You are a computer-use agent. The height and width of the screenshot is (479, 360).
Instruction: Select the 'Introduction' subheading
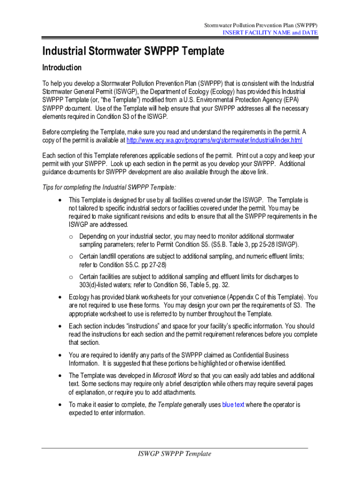tap(62, 67)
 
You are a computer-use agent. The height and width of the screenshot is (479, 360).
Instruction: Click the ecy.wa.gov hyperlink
tap(214, 140)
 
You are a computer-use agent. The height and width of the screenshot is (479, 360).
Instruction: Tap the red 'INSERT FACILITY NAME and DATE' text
tap(270, 32)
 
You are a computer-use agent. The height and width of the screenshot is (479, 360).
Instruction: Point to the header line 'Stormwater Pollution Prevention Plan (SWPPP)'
tap(261, 24)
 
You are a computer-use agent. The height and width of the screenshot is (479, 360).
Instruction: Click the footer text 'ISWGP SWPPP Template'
tap(174, 454)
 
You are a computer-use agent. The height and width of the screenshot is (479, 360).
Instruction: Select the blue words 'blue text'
tap(233, 405)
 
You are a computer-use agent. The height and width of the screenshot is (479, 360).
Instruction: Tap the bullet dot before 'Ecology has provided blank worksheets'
tap(59, 297)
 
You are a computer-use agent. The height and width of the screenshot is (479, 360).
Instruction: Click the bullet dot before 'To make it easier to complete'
tap(59, 405)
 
